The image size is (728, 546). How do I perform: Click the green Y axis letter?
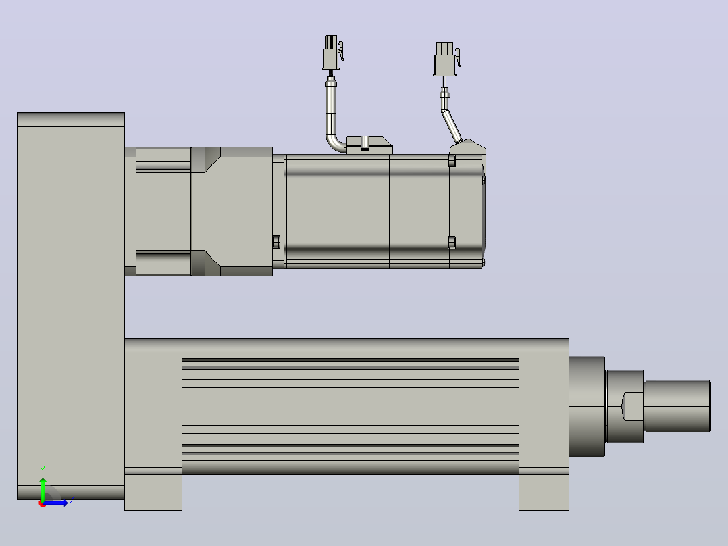pyautogui.click(x=43, y=470)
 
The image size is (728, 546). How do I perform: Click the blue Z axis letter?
pyautogui.click(x=72, y=499)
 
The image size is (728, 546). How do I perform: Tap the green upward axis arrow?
pyautogui.click(x=43, y=489)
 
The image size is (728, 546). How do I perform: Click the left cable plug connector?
pyautogui.click(x=332, y=53)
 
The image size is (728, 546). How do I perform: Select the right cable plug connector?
pyautogui.click(x=446, y=59)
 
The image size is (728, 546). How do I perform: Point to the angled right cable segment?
pyautogui.click(x=451, y=126)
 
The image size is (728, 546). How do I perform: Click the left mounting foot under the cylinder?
pyautogui.click(x=153, y=492)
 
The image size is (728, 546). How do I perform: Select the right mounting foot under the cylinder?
pyautogui.click(x=544, y=492)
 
